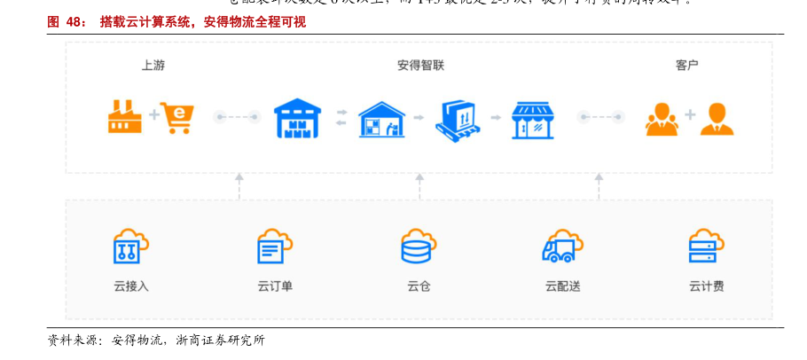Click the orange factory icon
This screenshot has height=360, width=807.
click(x=125, y=116)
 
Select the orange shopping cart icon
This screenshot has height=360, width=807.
click(x=177, y=116)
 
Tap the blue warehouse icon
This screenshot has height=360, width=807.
click(x=296, y=117)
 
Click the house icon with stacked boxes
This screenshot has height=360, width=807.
click(x=381, y=118)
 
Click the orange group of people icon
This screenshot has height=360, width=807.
click(x=662, y=118)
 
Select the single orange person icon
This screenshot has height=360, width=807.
click(x=717, y=118)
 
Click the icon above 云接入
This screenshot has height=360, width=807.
click(x=130, y=246)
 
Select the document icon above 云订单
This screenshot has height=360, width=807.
click(x=274, y=246)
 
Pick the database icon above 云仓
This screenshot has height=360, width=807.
click(x=418, y=246)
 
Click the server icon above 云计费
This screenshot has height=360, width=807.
click(x=706, y=246)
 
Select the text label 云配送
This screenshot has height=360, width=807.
click(x=562, y=286)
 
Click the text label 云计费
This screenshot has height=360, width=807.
click(x=706, y=286)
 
